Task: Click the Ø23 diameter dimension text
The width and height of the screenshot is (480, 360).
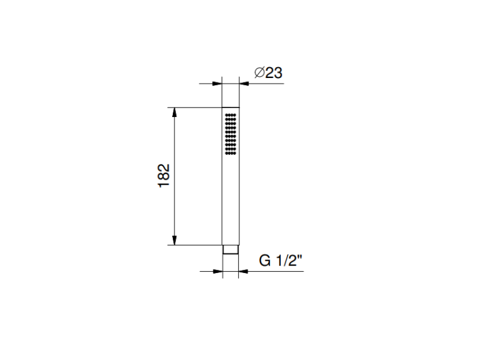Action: click(268, 73)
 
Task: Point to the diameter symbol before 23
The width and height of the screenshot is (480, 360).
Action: click(259, 73)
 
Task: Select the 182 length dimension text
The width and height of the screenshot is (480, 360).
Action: click(163, 176)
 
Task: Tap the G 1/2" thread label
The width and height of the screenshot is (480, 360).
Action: click(280, 261)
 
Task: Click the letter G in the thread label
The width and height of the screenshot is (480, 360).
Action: click(265, 261)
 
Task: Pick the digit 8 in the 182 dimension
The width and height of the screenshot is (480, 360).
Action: click(163, 176)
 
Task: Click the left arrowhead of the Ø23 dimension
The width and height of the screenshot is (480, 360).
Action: click(217, 84)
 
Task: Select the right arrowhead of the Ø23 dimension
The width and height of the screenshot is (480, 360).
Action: click(244, 84)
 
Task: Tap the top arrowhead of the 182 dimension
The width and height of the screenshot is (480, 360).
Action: click(175, 113)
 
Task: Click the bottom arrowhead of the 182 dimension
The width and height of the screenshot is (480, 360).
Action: click(175, 240)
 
